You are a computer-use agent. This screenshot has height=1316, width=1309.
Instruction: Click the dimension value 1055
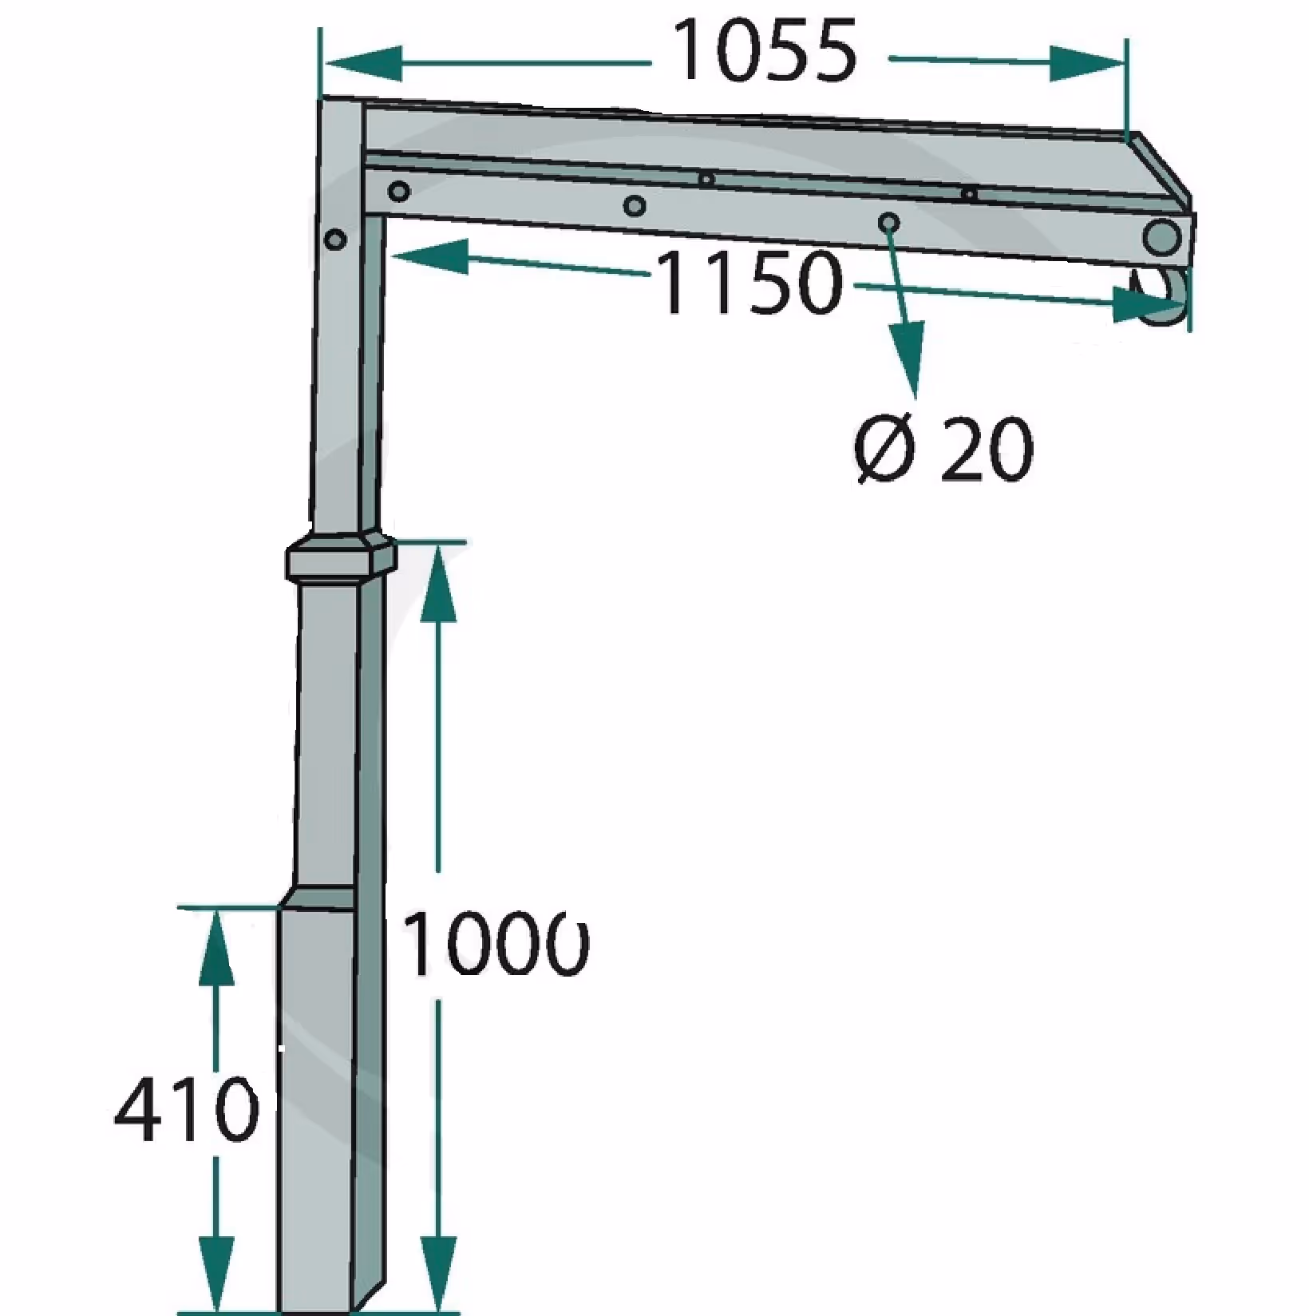(x=765, y=52)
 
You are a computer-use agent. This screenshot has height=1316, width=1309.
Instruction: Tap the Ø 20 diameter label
(x=944, y=450)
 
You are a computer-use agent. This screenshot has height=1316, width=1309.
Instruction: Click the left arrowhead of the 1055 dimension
(x=363, y=63)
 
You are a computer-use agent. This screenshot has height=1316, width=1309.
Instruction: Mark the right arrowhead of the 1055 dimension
(x=1086, y=63)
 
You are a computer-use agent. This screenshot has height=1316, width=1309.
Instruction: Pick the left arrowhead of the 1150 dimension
(x=429, y=256)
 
